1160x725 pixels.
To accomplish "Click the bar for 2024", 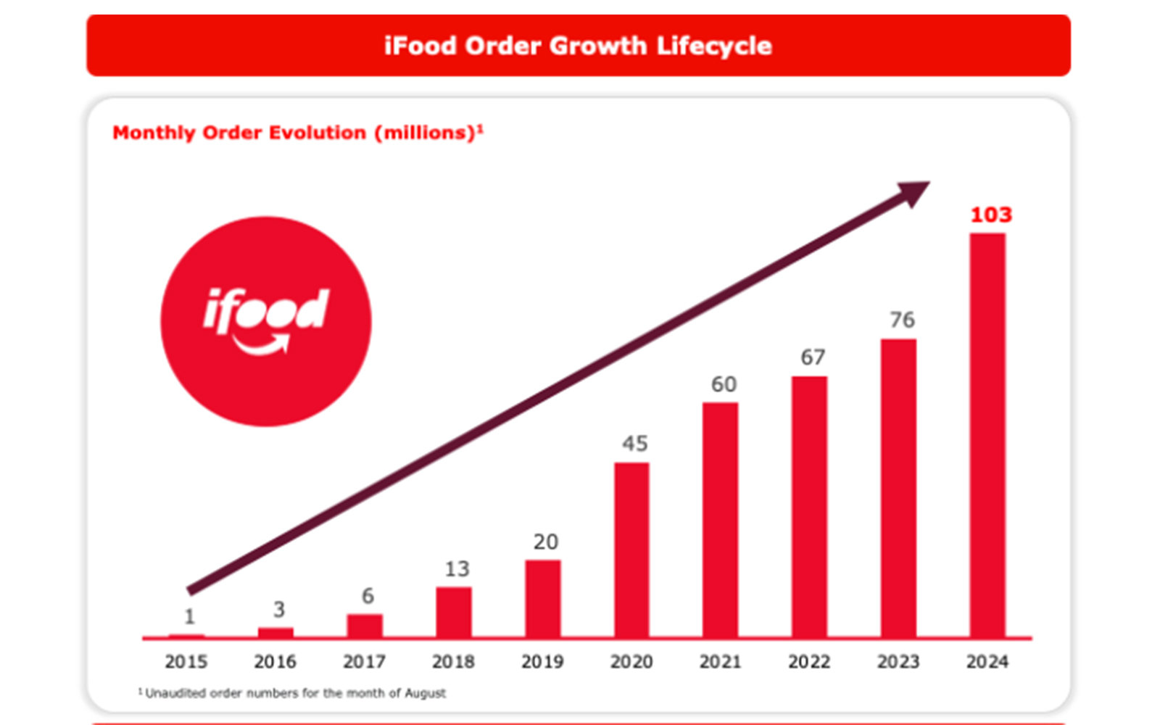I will click(987, 435).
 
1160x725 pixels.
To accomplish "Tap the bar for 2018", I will click(454, 612).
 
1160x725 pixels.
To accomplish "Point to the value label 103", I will click(991, 215).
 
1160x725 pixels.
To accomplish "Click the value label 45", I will click(635, 443).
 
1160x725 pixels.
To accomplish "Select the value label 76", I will click(902, 320).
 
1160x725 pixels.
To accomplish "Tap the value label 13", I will click(457, 569).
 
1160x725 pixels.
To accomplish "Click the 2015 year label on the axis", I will click(186, 661).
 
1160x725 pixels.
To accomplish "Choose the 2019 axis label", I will click(542, 661).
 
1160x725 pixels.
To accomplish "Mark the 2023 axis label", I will click(898, 661).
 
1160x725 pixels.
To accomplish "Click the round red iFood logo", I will click(265, 321).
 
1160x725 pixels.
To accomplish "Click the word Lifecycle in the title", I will click(713, 46).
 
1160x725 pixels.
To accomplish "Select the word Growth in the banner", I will click(597, 46).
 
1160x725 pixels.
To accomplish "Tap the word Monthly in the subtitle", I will click(154, 133).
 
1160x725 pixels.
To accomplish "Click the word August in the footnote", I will click(425, 693).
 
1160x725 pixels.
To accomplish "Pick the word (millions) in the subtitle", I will click(428, 133).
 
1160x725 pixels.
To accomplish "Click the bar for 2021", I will click(720, 519).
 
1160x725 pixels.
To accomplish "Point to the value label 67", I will click(813, 357).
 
